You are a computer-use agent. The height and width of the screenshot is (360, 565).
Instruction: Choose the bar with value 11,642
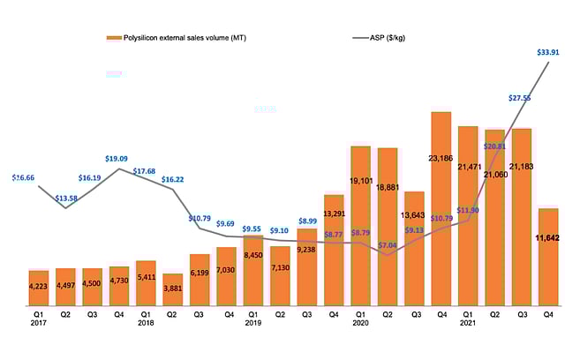pos(547,257)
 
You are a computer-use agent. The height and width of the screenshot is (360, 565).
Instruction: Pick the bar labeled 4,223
pos(39,288)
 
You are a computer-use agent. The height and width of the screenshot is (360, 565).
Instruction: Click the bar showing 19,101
pos(361,226)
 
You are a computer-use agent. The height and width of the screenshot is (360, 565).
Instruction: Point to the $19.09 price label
pos(121,160)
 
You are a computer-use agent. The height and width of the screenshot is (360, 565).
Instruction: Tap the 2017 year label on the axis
pos(38,323)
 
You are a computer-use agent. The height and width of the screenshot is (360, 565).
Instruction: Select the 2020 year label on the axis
pos(361,323)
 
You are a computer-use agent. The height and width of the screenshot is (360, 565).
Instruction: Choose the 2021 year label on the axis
pos(469,323)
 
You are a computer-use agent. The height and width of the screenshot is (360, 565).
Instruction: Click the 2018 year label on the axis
pos(146,323)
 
